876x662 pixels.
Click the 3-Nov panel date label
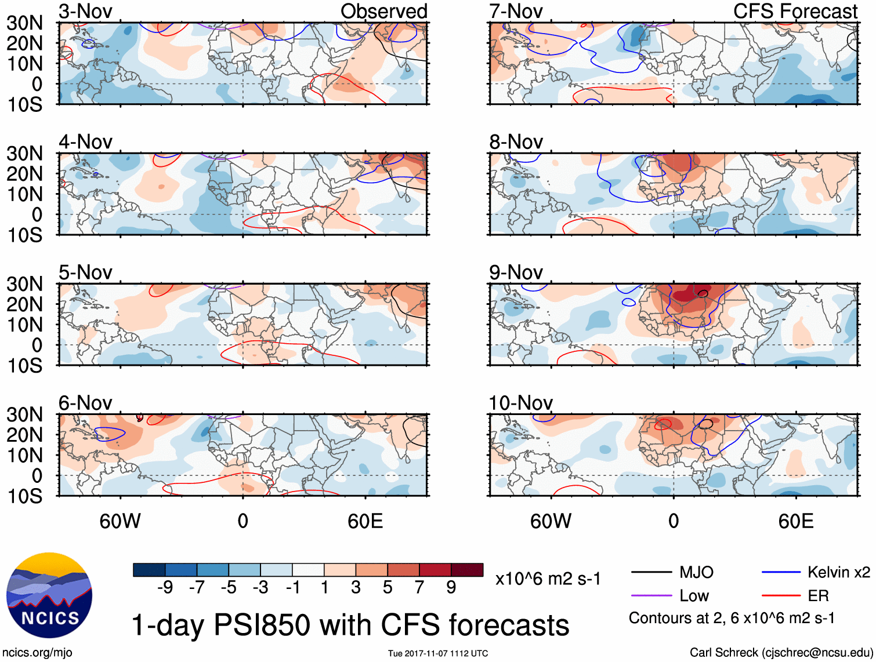pos(85,11)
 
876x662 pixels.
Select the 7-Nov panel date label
pos(516,11)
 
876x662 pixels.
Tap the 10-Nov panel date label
pos(520,402)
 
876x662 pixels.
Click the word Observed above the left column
pos(383,11)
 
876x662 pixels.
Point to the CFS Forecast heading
pos(795,11)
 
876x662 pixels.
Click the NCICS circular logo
pos(49,595)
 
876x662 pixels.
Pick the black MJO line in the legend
pos(651,573)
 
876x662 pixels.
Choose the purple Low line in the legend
pos(651,595)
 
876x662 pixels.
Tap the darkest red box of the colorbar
pos(467,570)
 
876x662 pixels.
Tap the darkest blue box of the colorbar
pos(149,570)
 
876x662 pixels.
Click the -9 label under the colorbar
pos(165,588)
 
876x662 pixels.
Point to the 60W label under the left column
pos(120,521)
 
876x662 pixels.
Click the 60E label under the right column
pos(795,521)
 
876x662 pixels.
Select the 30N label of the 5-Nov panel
pos(24,284)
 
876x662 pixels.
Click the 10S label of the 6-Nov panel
pos(24,496)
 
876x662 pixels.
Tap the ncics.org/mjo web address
pos(37,653)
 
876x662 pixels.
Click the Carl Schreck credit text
pos(781,653)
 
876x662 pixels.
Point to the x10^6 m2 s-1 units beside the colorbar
pos(548,579)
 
